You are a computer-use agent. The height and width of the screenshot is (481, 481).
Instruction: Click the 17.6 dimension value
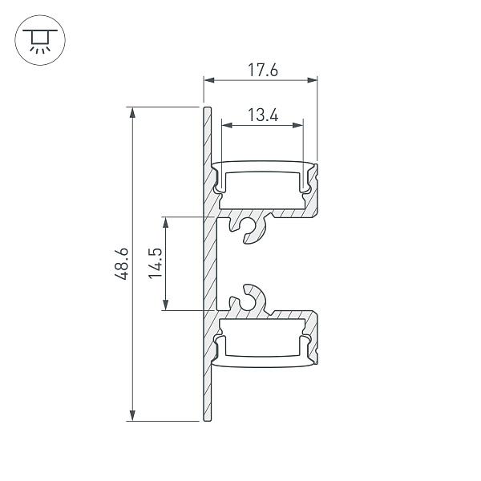coord(262,70)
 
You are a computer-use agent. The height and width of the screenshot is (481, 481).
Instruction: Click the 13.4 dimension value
coord(262,115)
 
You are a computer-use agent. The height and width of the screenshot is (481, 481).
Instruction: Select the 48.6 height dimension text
coord(121,264)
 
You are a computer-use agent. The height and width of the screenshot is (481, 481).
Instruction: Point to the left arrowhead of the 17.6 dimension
coord(208,79)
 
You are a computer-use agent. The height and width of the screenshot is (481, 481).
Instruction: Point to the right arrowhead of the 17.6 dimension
coord(313,79)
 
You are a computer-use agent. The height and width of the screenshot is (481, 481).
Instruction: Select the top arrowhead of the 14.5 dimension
coord(166,221)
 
